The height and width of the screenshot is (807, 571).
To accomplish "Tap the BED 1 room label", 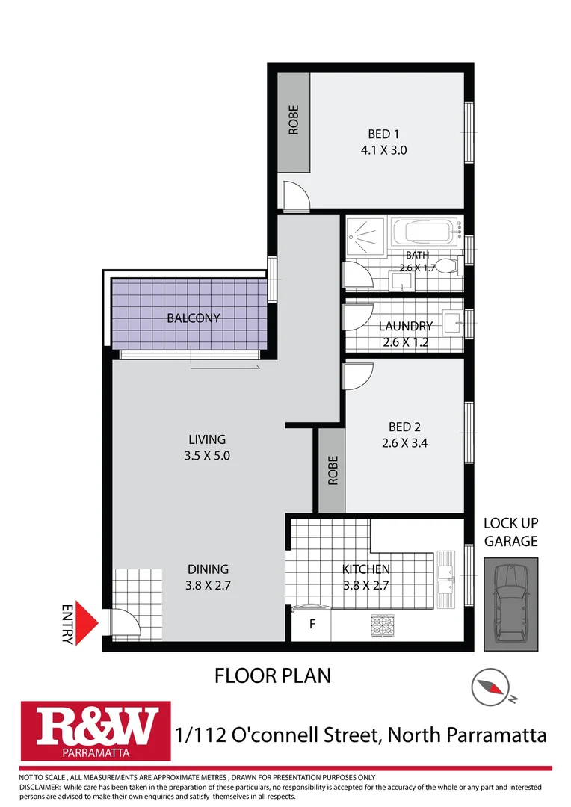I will click(x=383, y=134).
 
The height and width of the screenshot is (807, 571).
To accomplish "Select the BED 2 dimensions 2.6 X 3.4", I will click(x=404, y=442).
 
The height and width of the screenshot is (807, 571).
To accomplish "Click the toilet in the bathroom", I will click(x=446, y=266).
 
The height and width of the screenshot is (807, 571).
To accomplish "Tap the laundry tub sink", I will click(x=452, y=322).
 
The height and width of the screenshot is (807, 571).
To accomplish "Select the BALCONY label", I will click(x=194, y=318).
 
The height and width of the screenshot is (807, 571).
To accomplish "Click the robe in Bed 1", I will click(x=294, y=120).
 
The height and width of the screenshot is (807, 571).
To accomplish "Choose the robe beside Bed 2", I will click(x=332, y=471).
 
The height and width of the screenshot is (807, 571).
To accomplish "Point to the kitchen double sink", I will click(x=445, y=575).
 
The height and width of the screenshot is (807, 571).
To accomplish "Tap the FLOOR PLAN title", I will click(x=272, y=676).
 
